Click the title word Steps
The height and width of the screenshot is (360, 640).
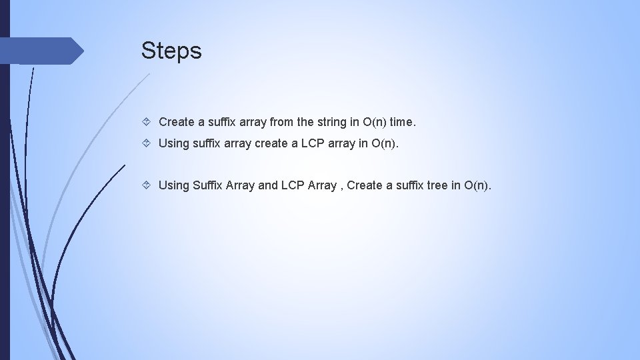pyautogui.click(x=171, y=51)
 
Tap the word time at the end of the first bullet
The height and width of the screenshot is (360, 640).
pyautogui.click(x=402, y=122)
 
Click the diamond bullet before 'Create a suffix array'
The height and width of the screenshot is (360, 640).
pyautogui.click(x=149, y=122)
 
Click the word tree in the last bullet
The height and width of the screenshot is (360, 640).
pyautogui.click(x=437, y=185)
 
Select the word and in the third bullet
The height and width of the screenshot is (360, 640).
pyautogui.click(x=268, y=185)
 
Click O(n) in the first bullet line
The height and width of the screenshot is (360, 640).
pyautogui.click(x=375, y=122)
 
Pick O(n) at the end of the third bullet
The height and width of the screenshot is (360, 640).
pyautogui.click(x=477, y=185)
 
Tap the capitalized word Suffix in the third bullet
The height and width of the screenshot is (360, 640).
pyautogui.click(x=207, y=185)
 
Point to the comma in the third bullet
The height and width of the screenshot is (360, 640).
pyautogui.click(x=341, y=187)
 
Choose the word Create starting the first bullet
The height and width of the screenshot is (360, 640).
pyautogui.click(x=176, y=122)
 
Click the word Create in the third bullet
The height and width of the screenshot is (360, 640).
pyautogui.click(x=365, y=185)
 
